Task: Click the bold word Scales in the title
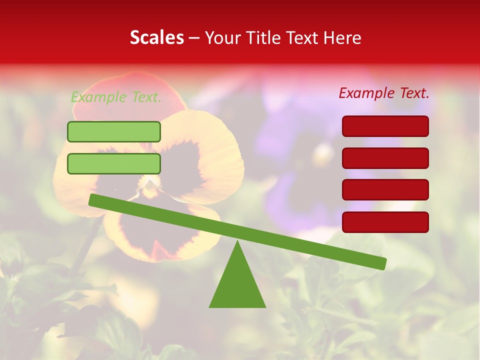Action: coord(156,38)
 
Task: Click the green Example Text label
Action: coord(116,97)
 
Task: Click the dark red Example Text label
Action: coord(384,93)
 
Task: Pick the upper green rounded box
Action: coord(114,131)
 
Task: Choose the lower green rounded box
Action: coord(114,163)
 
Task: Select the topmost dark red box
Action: coord(385,126)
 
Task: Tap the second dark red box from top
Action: coord(385,158)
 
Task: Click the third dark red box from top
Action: coord(385,189)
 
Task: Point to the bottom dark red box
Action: coord(385,222)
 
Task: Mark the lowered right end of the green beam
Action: coord(382,263)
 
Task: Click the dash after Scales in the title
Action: coord(194,38)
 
